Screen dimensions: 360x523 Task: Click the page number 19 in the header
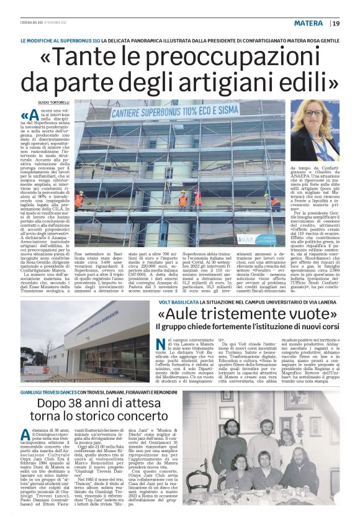pyautogui.click(x=336, y=24)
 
